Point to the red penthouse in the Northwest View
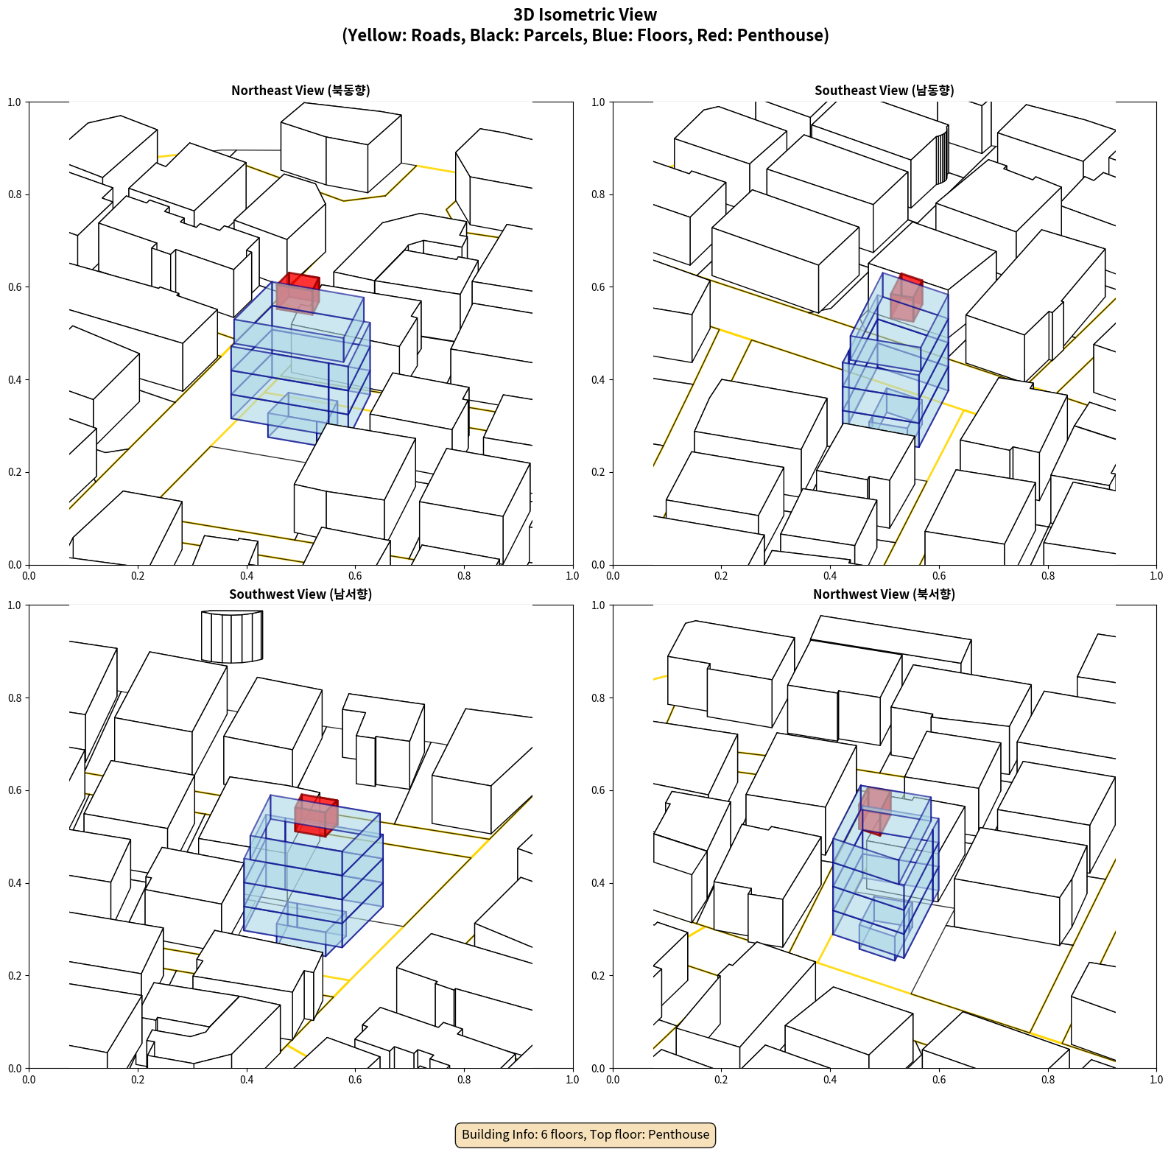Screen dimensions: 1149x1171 click(875, 810)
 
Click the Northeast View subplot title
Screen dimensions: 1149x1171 click(300, 90)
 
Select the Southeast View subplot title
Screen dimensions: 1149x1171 click(884, 90)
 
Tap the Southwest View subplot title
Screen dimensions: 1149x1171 click(300, 594)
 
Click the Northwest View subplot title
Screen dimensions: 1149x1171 click(884, 594)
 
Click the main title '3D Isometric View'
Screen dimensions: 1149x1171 click(585, 15)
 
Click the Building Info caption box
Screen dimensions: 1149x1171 click(585, 1134)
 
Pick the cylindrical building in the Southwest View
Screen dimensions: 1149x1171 click(232, 636)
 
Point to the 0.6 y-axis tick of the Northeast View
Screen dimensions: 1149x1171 click(15, 287)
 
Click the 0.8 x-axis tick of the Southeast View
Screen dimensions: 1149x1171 click(1047, 576)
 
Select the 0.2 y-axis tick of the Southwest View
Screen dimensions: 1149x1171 click(15, 976)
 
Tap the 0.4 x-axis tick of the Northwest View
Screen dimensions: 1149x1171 click(830, 1080)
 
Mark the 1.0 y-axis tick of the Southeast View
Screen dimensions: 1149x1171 click(598, 102)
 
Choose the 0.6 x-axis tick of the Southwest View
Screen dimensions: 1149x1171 click(355, 1080)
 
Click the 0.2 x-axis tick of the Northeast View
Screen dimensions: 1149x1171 click(138, 576)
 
